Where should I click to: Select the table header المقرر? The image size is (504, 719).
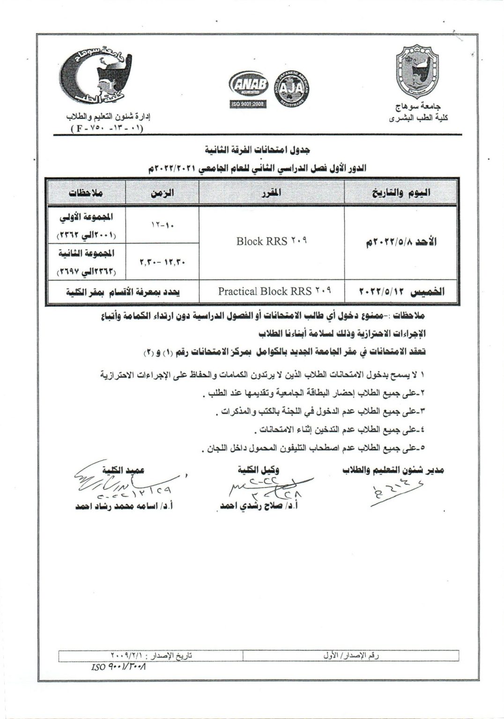[x=272, y=192]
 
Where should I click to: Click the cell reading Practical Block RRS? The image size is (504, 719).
[x=274, y=291]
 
